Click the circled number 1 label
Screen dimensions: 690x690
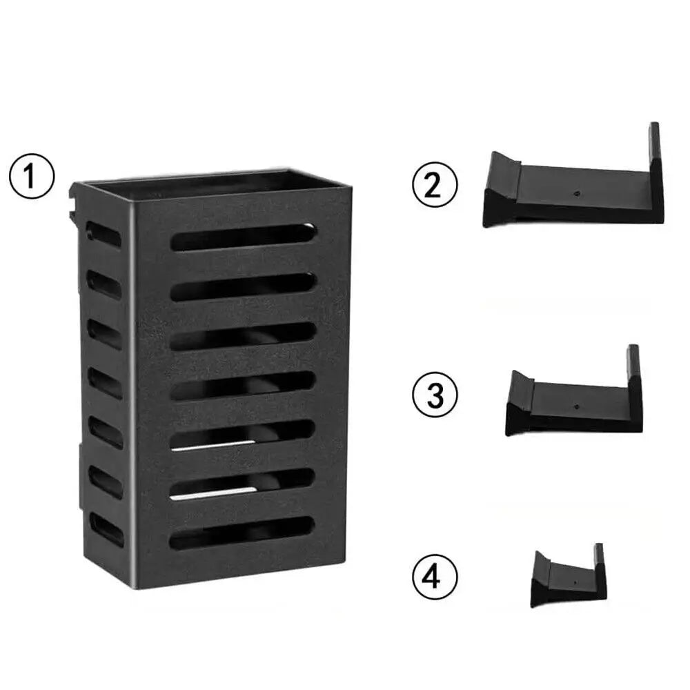(31, 177)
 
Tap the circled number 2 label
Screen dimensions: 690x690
(433, 186)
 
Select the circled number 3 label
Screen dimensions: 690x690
(433, 395)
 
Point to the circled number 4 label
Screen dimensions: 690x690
(433, 575)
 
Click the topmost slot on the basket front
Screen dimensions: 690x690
(244, 237)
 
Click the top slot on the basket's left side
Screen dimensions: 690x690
(103, 235)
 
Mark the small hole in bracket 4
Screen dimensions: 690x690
(575, 582)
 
